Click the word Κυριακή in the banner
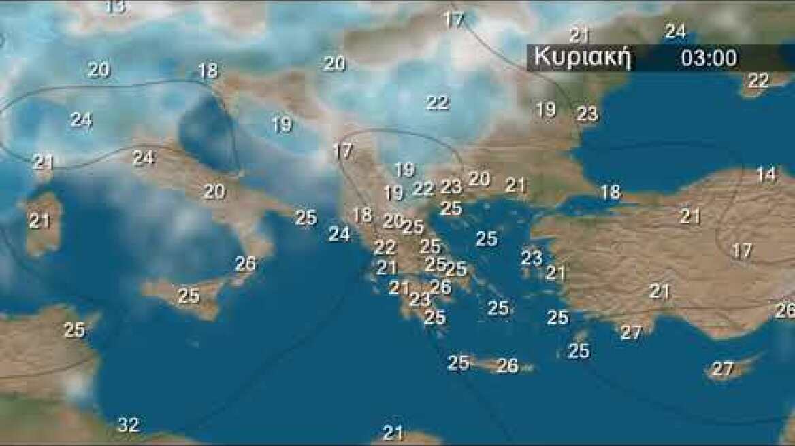[583, 58]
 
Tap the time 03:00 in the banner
[709, 58]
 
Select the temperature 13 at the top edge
[116, 7]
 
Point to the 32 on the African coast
[128, 426]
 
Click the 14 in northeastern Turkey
[766, 174]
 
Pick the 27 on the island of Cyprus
[721, 369]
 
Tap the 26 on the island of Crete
[507, 366]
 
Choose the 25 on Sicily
[189, 296]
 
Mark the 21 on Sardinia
[39, 221]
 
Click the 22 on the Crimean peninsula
[758, 80]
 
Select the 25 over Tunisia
[74, 330]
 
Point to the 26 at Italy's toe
[245, 263]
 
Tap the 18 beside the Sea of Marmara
[611, 192]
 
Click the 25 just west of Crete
[458, 363]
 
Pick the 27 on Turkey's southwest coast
[631, 332]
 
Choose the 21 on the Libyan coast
[393, 432]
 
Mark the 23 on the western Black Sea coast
[587, 114]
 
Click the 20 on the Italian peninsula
[214, 192]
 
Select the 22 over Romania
[438, 103]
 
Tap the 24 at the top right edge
[675, 31]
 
